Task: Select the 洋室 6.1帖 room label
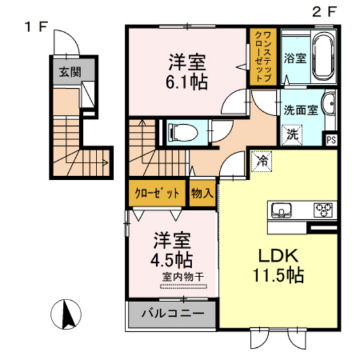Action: (187, 71)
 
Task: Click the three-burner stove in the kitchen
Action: (322, 210)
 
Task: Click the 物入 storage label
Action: (203, 193)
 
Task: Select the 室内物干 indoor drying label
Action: (183, 276)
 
